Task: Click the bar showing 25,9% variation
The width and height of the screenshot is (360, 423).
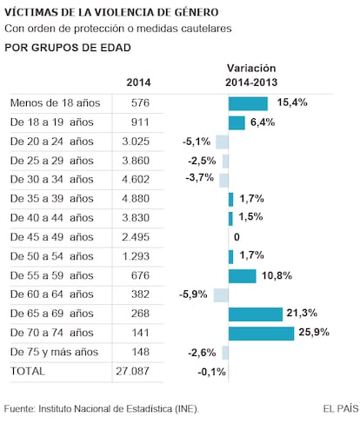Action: (261, 334)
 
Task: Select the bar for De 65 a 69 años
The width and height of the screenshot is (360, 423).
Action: (256, 314)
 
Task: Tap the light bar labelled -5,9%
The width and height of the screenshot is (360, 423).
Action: (221, 295)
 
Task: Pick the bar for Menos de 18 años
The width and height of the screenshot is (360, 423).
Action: (248, 103)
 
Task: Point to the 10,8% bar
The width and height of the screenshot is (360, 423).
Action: (243, 276)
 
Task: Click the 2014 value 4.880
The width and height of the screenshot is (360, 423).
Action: (136, 199)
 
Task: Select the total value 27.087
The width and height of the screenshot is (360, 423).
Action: (133, 371)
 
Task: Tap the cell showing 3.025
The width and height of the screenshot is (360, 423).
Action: (136, 142)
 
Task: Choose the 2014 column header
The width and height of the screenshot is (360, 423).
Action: (138, 83)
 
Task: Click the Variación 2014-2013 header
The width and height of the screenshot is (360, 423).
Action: (251, 76)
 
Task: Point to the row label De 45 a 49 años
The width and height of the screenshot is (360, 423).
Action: (52, 237)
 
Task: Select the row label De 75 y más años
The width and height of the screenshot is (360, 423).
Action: (54, 352)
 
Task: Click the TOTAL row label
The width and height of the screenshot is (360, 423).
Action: (28, 371)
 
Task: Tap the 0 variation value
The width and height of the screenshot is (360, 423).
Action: (237, 237)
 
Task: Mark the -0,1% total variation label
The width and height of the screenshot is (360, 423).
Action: (211, 372)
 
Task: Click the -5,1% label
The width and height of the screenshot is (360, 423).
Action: (197, 142)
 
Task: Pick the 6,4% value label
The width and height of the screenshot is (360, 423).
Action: (263, 122)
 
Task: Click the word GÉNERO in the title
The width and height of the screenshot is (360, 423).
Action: (197, 12)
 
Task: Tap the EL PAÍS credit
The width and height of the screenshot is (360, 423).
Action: (341, 409)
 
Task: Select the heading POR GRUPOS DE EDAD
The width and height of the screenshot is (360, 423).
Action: (68, 48)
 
